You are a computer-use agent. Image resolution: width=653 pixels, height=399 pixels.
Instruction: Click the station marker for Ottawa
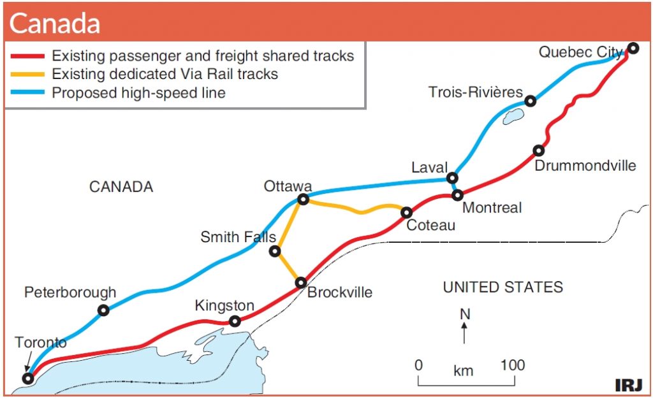tap(304, 199)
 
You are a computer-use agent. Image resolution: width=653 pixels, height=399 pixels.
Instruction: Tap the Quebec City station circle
tap(633, 48)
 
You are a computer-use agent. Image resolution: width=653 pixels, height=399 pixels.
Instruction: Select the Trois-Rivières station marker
tap(530, 101)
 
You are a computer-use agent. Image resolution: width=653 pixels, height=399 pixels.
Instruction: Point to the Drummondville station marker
tap(538, 150)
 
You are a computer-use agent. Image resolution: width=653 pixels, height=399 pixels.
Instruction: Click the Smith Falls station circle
tap(275, 251)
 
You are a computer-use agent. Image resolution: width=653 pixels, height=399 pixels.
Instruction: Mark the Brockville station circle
tap(301, 283)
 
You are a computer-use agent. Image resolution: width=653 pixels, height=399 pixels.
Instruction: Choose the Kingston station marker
tap(235, 321)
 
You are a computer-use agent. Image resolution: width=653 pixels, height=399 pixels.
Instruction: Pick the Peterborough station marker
tap(103, 310)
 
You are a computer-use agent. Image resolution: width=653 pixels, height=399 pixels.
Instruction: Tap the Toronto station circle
tap(28, 379)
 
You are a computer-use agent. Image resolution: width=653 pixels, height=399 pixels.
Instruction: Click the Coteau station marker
tap(406, 213)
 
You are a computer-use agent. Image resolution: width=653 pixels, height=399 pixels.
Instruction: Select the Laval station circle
tap(452, 178)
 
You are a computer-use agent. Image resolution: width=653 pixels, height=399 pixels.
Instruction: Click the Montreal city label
tap(492, 208)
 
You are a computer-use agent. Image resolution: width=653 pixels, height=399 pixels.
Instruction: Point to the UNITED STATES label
tap(503, 287)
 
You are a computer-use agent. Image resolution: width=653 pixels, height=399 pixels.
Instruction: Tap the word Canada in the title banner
tap(55, 24)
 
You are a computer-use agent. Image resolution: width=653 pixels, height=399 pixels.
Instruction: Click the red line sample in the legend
tap(27, 55)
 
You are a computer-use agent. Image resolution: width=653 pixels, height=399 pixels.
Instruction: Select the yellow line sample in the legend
tap(27, 74)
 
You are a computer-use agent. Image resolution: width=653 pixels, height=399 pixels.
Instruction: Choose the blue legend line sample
tap(27, 92)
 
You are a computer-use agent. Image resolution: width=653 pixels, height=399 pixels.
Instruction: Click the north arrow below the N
tap(464, 333)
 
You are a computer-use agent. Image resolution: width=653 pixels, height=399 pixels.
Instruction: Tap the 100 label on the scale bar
tap(512, 365)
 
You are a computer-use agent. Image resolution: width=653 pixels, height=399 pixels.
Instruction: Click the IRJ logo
tap(629, 385)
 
